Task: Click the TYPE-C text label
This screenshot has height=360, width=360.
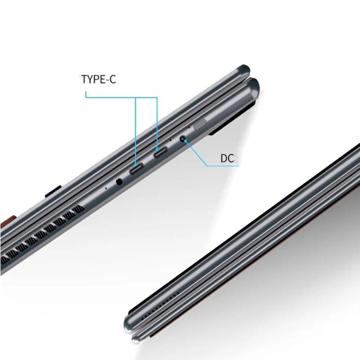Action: pos(99,79)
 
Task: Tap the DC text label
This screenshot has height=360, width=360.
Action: pos(227,158)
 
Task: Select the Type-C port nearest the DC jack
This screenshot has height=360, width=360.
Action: pos(161,152)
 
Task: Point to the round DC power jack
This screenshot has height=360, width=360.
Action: pos(183,139)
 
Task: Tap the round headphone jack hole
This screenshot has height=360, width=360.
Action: pos(119,181)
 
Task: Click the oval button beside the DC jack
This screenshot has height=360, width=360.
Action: pos(200,124)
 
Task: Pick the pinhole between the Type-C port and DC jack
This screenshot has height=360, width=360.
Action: pos(170,139)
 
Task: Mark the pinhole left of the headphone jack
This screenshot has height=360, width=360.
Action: pos(106,188)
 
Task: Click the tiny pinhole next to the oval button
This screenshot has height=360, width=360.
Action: pos(189,127)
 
